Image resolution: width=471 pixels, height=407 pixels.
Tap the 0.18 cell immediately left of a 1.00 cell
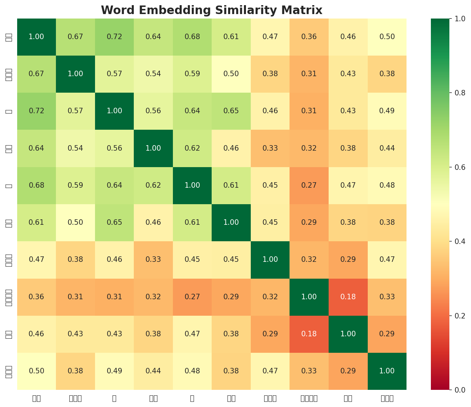point(309,334)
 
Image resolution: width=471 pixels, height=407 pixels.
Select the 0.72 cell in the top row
point(114,37)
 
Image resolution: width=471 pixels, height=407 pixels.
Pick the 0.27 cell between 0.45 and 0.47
point(309,185)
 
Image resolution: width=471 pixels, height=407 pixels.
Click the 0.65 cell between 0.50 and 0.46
point(114,222)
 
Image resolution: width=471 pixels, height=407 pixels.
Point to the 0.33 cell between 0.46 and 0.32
point(153,259)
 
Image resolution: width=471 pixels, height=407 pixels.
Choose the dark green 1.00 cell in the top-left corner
point(36,37)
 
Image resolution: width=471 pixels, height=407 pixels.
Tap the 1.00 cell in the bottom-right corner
point(387,371)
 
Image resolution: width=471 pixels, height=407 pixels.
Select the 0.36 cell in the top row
point(309,37)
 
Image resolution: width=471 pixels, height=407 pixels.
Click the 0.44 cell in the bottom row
point(153,371)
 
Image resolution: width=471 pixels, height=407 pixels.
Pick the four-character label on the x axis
point(309,398)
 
